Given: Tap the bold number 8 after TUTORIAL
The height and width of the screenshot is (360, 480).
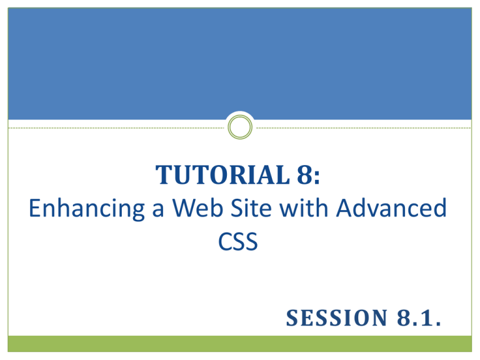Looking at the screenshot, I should pyautogui.click(x=311, y=176).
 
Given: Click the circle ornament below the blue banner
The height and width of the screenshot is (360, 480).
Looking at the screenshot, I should pyautogui.click(x=239, y=127).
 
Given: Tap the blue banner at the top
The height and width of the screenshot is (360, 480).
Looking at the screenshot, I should pyautogui.click(x=239, y=62).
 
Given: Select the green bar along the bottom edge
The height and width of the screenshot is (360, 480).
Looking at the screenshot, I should pyautogui.click(x=239, y=344).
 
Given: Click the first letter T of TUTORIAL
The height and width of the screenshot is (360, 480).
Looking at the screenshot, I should pyautogui.click(x=160, y=176).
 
